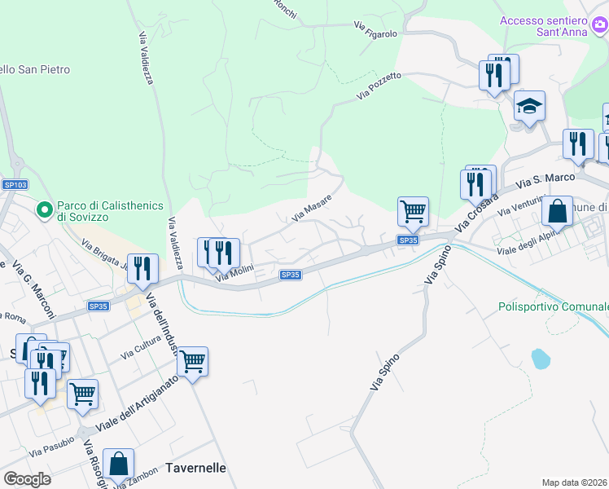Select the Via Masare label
coord(313,209)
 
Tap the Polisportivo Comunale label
coord(554,306)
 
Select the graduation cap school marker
coord(529,107)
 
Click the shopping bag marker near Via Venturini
coord(558,210)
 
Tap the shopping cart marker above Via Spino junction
coord(414,211)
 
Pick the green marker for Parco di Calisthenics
coord(46,210)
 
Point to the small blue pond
coord(539,358)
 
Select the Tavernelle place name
coord(195,468)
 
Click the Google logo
coord(27,478)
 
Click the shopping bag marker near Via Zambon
coord(119,464)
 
